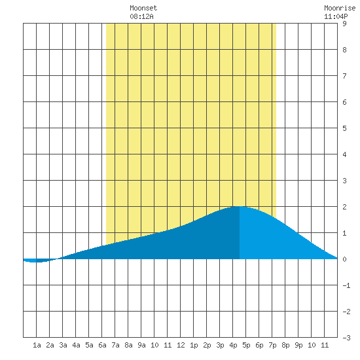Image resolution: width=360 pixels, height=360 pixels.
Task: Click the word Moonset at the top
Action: (x=143, y=8)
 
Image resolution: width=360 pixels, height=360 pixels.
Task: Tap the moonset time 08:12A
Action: (x=141, y=16)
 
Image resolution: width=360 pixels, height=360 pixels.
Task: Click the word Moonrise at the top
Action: (x=340, y=8)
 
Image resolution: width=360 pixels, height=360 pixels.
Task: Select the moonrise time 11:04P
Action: (x=336, y=16)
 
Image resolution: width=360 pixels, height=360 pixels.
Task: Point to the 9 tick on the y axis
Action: (x=344, y=24)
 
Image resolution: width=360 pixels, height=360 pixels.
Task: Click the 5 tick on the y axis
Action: (x=344, y=128)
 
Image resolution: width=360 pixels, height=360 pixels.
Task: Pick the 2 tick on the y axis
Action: (x=344, y=207)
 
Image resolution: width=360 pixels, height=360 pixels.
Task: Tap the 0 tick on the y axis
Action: (x=344, y=259)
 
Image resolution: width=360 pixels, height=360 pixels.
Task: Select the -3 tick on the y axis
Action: (x=346, y=338)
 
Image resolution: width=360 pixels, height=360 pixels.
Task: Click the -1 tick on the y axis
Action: (x=346, y=285)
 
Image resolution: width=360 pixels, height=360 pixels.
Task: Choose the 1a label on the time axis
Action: (x=37, y=345)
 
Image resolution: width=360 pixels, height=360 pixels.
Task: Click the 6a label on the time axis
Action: (x=102, y=345)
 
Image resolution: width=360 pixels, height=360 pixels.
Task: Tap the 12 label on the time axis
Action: (x=181, y=345)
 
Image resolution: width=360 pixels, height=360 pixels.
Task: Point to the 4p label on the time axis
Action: (x=233, y=345)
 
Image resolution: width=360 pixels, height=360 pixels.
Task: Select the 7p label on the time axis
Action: (x=272, y=345)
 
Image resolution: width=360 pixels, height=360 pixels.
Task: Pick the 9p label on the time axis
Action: (x=298, y=345)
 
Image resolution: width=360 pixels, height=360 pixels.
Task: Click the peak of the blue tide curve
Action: (x=239, y=207)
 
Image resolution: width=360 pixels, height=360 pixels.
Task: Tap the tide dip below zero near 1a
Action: (x=35, y=262)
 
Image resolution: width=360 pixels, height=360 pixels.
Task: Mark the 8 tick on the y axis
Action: (x=344, y=50)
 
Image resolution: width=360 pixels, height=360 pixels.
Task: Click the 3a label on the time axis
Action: (x=63, y=345)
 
